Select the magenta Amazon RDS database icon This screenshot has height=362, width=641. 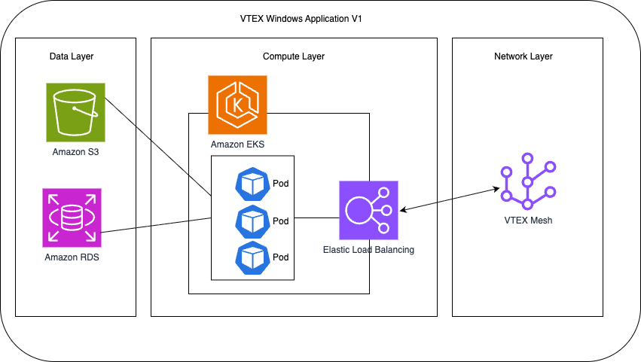72,218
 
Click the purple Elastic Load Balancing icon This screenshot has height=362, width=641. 368,210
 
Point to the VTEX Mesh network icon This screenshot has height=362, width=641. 528,182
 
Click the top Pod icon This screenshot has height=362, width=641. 252,184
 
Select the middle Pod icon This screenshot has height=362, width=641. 252,221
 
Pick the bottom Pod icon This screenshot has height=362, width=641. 252,257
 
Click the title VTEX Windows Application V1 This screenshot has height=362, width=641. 320,18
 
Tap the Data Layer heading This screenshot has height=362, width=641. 72,56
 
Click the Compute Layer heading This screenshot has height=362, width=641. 294,56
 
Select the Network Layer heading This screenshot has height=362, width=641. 523,56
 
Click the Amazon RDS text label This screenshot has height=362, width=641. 72,257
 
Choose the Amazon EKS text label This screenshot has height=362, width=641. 237,143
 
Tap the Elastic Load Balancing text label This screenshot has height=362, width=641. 368,249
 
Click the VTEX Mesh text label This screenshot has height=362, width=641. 528,221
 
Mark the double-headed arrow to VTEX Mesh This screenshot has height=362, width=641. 452,197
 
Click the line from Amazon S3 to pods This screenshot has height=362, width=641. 158,144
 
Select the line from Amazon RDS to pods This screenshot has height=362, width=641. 157,226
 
